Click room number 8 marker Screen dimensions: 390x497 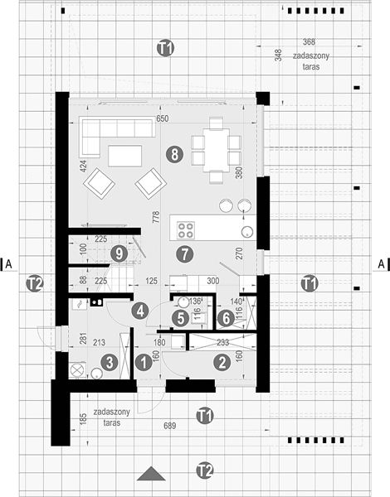pyautogui.click(x=175, y=155)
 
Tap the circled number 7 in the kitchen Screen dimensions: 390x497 pyautogui.click(x=184, y=253)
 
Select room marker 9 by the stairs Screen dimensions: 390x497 pyautogui.click(x=119, y=254)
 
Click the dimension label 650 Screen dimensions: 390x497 pyautogui.click(x=163, y=118)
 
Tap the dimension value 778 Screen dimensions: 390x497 pyautogui.click(x=156, y=217)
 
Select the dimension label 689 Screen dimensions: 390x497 pyautogui.click(x=169, y=426)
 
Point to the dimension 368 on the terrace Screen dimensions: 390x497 pyautogui.click(x=309, y=41)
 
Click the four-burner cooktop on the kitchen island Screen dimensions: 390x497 pyautogui.click(x=186, y=230)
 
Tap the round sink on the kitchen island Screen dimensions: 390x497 pyautogui.click(x=247, y=232)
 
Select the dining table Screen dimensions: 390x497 pyautogui.click(x=217, y=149)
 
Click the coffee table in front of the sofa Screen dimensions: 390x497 pyautogui.click(x=124, y=156)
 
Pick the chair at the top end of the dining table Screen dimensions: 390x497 pyautogui.click(x=217, y=123)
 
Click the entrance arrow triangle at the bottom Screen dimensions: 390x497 pyautogui.click(x=151, y=474)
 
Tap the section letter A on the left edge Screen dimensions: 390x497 pyautogui.click(x=9, y=263)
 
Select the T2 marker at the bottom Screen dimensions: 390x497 pyautogui.click(x=204, y=470)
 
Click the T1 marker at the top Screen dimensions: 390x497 pyautogui.click(x=165, y=48)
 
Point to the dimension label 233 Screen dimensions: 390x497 pyautogui.click(x=223, y=342)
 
